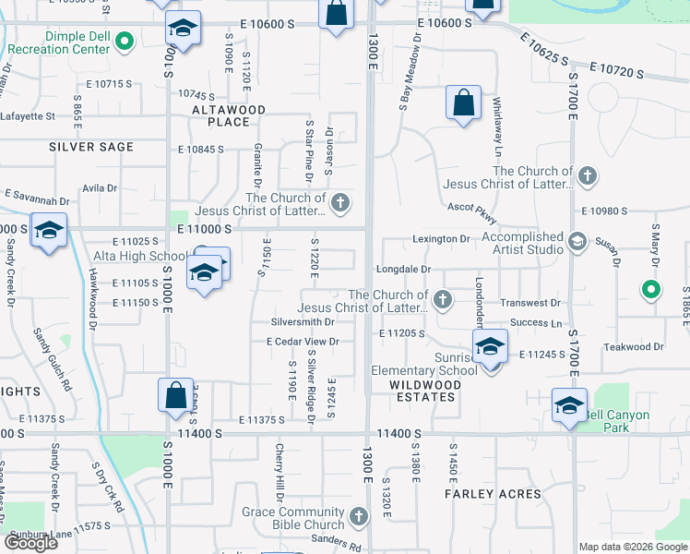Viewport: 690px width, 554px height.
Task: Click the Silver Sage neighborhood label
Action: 91,147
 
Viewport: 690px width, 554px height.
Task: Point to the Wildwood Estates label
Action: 422,391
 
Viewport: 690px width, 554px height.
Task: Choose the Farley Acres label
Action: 494,494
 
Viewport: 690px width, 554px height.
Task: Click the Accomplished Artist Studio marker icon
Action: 577,242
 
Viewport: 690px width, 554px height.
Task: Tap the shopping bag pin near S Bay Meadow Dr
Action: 463,103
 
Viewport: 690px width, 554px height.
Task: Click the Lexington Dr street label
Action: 441,239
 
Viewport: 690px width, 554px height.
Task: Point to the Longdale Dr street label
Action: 403,269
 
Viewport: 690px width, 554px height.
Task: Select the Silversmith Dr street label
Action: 302,322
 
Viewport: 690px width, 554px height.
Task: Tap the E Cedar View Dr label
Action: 303,342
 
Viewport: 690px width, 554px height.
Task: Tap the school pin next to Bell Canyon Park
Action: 569,405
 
